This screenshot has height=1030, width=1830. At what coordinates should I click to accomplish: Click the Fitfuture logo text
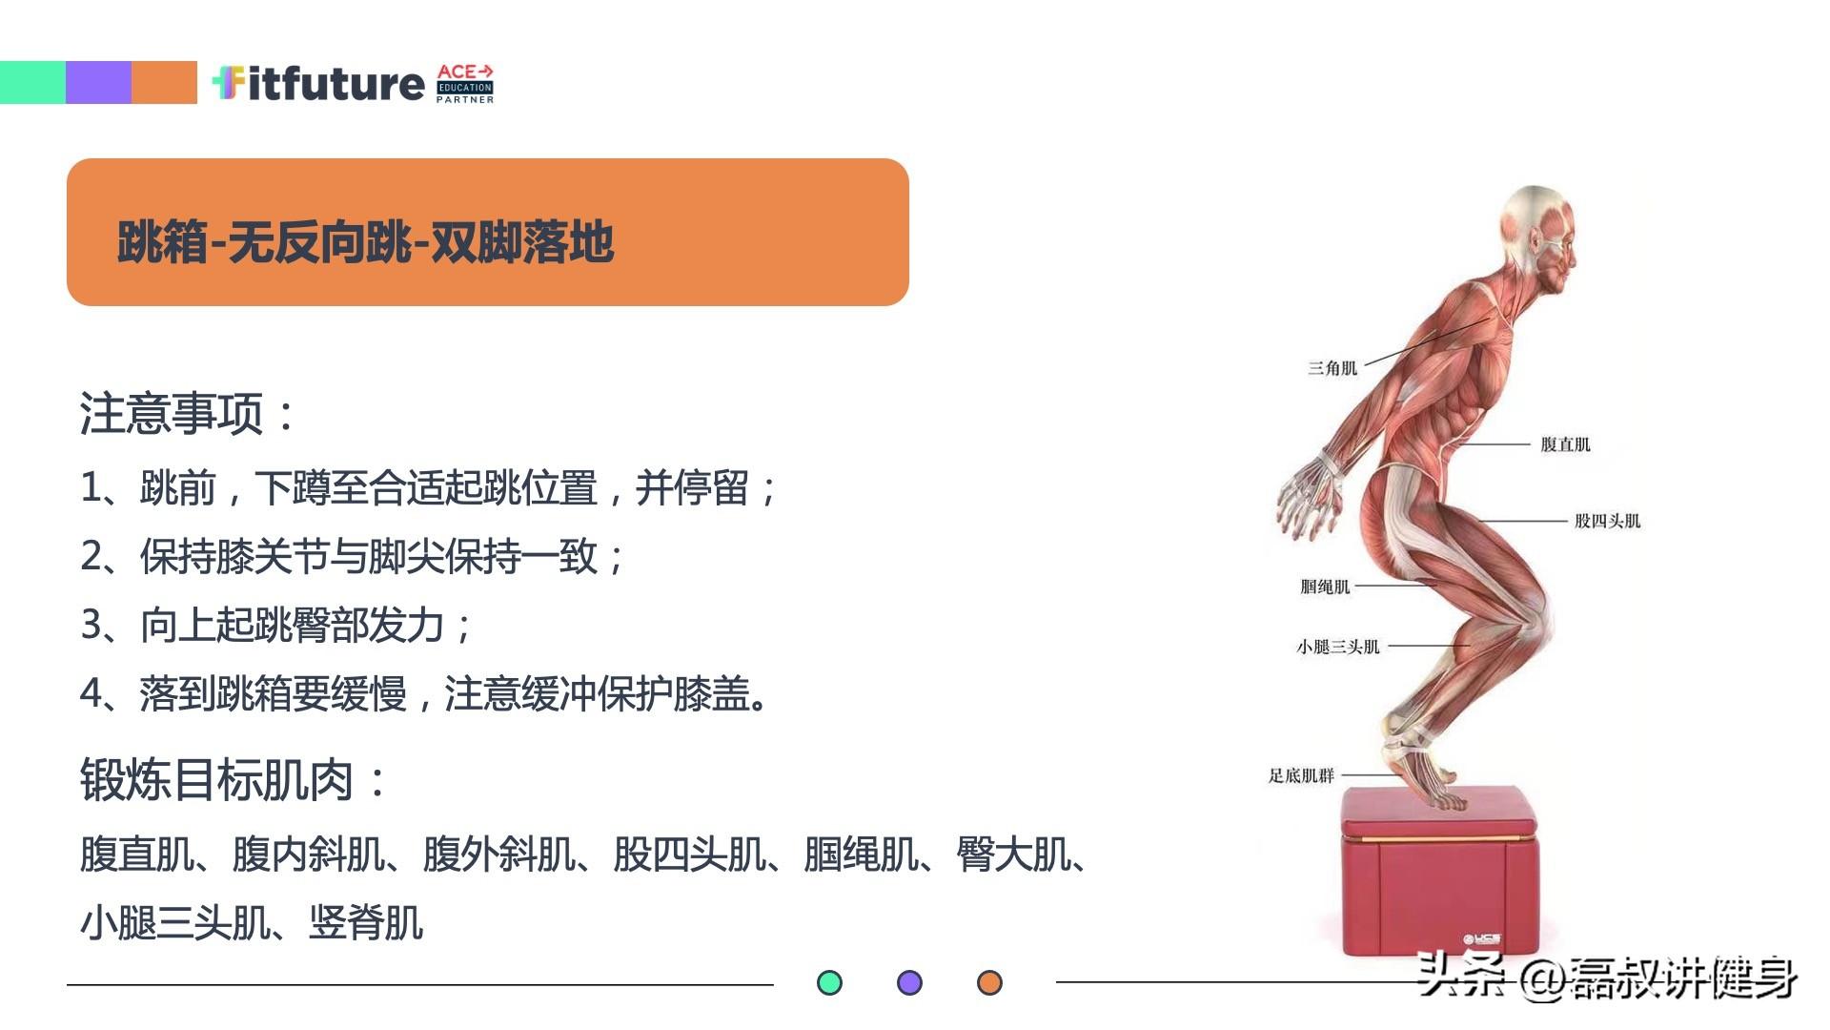tap(317, 83)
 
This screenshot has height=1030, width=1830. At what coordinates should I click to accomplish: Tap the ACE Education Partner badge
tap(465, 84)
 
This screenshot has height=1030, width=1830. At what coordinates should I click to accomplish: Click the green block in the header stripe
tap(32, 82)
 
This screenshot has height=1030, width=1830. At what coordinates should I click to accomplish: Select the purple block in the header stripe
tap(98, 82)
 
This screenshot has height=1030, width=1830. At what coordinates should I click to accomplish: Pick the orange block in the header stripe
tap(164, 82)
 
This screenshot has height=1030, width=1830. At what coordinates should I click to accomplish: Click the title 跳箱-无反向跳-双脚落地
tap(365, 241)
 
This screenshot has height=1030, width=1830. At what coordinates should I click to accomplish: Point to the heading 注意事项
tap(188, 413)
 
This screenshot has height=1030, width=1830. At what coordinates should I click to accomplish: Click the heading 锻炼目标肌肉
tap(234, 780)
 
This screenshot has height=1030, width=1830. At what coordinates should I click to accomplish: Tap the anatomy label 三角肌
tap(1332, 368)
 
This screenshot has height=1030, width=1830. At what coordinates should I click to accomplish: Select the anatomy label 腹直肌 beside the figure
tap(1565, 444)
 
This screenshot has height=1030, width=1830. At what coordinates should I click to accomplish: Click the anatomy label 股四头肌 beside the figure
tap(1607, 521)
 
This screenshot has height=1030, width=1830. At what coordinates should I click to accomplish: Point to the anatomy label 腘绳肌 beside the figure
tap(1325, 587)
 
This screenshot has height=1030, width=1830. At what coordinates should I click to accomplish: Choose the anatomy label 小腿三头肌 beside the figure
tap(1337, 647)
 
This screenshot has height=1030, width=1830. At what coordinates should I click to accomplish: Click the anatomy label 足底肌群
tap(1301, 775)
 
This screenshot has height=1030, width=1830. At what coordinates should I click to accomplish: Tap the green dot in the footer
tap(830, 982)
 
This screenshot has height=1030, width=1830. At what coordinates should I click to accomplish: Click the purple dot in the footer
tap(910, 982)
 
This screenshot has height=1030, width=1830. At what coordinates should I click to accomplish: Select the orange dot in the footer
tap(990, 982)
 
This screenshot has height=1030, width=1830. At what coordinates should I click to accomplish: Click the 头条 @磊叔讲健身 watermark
tap(1607, 976)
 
